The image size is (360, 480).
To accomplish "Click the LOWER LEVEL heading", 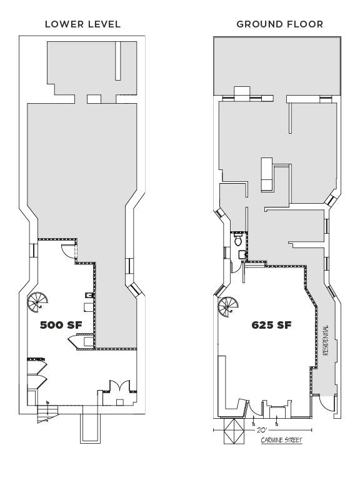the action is [x=82, y=24].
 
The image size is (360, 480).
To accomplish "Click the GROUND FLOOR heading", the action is [x=280, y=24].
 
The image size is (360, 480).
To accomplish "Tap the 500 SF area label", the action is [x=61, y=325].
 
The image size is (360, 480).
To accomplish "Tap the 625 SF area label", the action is [x=271, y=324].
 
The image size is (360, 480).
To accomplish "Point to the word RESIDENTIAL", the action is [x=326, y=340].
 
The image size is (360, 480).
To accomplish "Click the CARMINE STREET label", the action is [x=281, y=440].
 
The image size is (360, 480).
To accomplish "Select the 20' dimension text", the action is [x=261, y=430].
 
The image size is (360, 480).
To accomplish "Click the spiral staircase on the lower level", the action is [x=38, y=302].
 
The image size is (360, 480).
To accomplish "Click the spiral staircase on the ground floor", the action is [x=228, y=307].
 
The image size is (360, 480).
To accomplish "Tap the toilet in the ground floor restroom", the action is [x=237, y=240].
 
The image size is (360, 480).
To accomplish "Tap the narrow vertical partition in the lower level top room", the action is [x=118, y=61].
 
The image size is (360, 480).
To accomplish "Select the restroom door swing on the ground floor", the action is [x=236, y=267].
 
